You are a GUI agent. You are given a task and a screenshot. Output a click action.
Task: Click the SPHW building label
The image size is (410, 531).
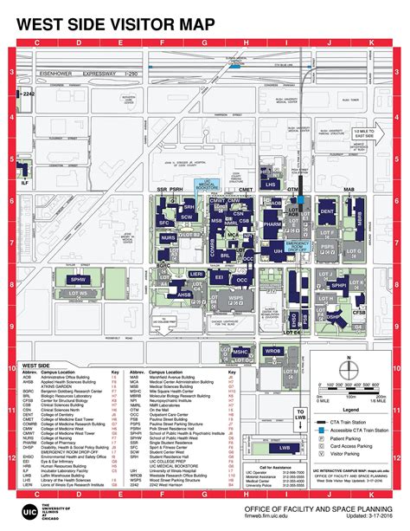pos(79,280)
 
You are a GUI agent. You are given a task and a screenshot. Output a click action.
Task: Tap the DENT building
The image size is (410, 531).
pos(327,210)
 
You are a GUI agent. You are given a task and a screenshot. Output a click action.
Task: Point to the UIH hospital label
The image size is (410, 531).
pos(278,250)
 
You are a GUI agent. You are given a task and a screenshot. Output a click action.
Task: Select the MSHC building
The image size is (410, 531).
pos(241,353)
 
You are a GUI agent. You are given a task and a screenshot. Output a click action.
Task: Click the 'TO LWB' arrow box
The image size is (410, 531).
pos(299,392)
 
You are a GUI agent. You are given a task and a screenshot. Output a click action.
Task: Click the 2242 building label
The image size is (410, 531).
pos(28,90)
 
